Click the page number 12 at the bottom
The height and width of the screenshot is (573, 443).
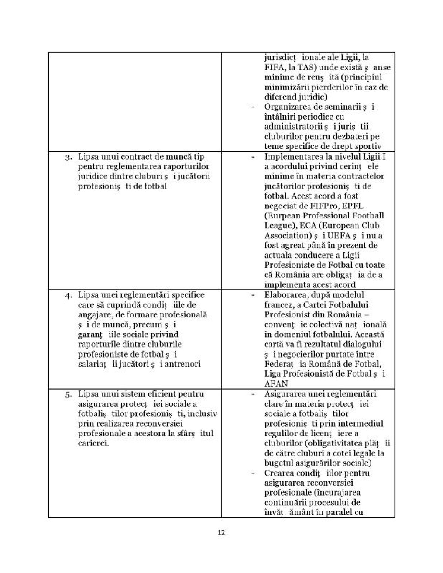[221, 532]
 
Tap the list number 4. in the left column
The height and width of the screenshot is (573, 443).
[68, 296]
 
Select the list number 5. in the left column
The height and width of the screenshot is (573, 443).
[68, 394]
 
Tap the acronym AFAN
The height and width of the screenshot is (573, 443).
[276, 384]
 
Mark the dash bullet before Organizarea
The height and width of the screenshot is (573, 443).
[253, 107]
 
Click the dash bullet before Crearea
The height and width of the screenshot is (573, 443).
[253, 473]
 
